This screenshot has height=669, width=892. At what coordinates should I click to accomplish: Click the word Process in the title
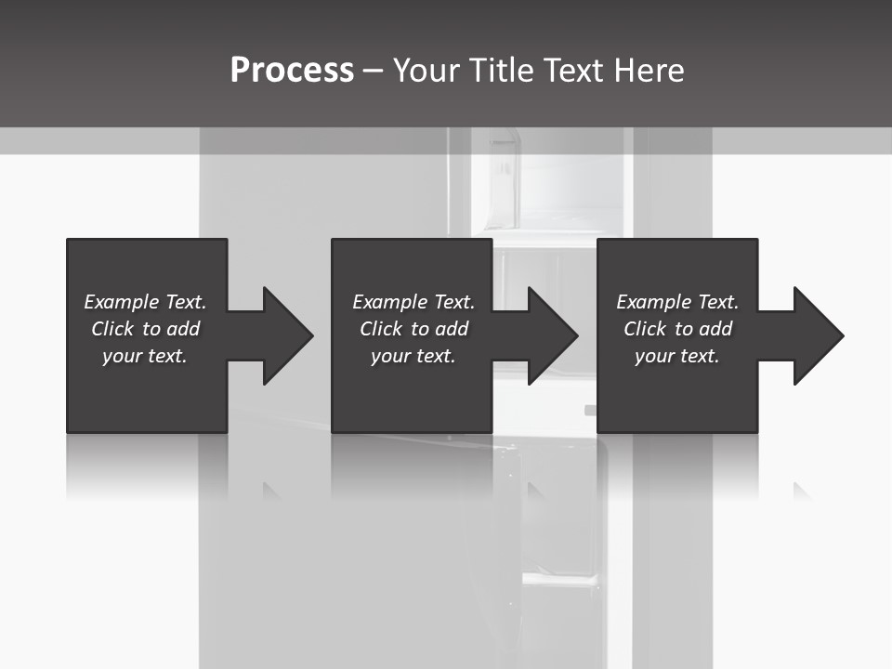click(292, 71)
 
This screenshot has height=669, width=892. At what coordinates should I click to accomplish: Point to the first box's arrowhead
click(284, 335)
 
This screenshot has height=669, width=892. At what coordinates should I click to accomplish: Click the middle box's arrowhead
click(549, 335)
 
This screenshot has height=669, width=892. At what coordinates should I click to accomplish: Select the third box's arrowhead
click(815, 335)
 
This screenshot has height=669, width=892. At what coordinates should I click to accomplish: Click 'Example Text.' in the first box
click(145, 302)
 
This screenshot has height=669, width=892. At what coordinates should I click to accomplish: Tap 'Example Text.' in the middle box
click(413, 302)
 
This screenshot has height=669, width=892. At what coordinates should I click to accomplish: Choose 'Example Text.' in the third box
click(677, 302)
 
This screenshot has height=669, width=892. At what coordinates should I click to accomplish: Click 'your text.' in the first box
click(145, 356)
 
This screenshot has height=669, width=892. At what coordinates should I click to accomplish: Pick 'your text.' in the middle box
click(413, 356)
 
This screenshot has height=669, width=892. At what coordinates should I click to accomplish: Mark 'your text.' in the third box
click(677, 356)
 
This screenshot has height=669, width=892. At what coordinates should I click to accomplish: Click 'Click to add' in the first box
click(145, 329)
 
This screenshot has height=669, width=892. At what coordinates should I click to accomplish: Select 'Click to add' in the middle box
click(413, 329)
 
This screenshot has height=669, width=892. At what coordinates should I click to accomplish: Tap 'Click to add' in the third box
click(677, 329)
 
